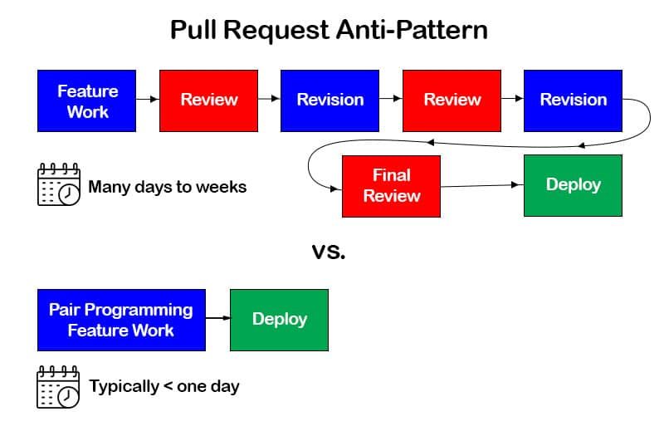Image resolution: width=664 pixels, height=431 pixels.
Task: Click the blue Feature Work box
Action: tap(86, 100)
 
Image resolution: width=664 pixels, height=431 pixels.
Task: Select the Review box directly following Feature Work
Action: tap(208, 100)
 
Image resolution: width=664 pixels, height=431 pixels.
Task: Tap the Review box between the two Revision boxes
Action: tap(452, 100)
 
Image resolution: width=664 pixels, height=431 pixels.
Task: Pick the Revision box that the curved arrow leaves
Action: tap(573, 100)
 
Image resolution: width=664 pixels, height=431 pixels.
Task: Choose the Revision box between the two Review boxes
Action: tap(330, 100)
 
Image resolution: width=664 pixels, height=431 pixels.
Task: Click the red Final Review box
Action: tap(391, 186)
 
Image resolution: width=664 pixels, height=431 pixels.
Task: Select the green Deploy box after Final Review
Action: tap(573, 185)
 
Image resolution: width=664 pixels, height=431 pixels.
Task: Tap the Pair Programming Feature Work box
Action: tap(120, 320)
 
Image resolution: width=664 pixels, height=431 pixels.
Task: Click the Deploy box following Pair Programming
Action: tap(279, 320)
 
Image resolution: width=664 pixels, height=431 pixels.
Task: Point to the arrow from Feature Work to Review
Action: tap(147, 100)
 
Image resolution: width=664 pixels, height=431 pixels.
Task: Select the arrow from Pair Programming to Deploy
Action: tap(217, 319)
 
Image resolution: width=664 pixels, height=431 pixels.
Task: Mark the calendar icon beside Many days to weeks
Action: tap(59, 184)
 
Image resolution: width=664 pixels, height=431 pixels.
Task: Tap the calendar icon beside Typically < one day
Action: tap(58, 386)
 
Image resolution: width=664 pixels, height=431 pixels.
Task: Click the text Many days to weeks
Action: tap(167, 187)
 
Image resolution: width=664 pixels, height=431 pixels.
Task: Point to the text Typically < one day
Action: tap(164, 386)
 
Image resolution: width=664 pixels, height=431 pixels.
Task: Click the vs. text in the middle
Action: tap(329, 251)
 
